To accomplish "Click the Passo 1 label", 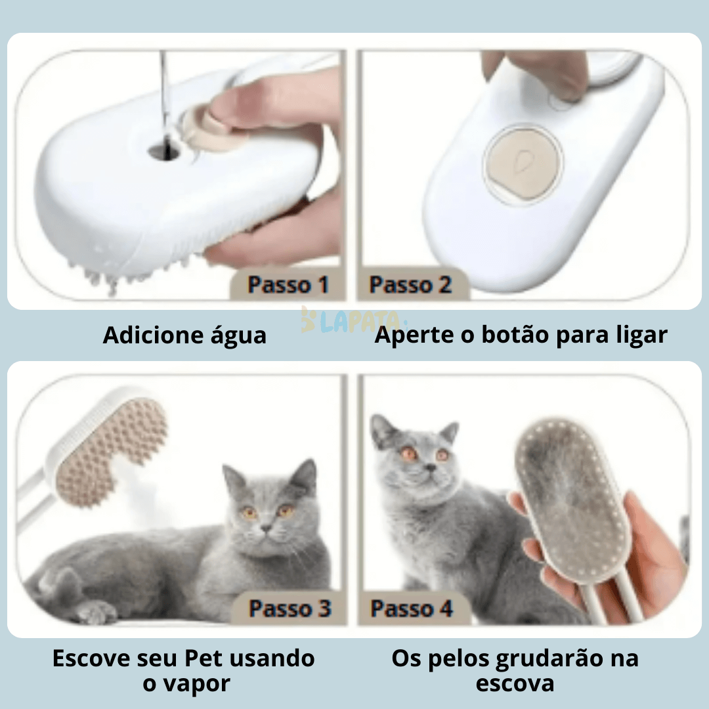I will (288, 286).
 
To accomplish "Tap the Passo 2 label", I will (410, 286).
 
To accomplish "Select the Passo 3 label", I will (290, 609).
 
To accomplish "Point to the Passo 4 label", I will (412, 609).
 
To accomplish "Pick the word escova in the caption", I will (515, 683).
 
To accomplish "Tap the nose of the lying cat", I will (266, 526).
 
